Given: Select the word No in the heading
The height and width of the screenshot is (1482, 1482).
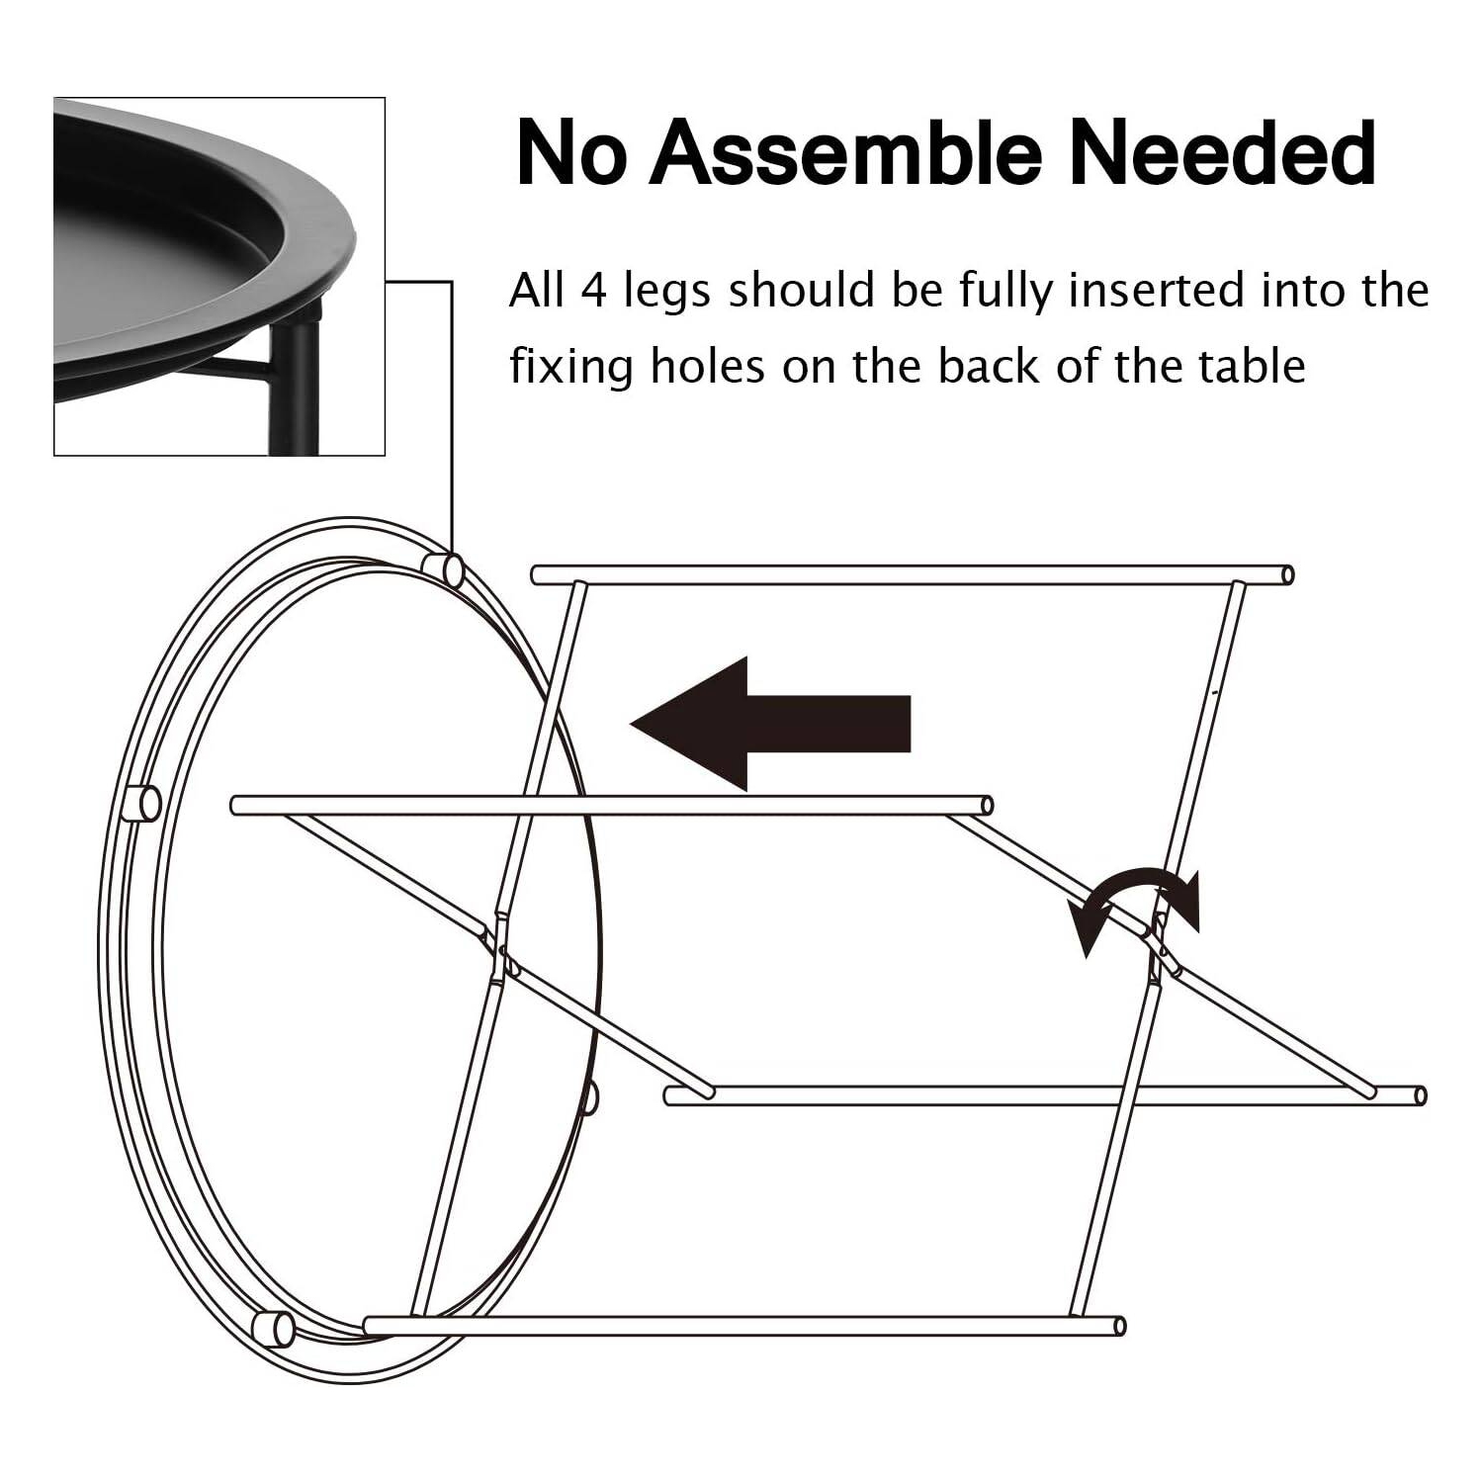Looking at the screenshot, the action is [x=571, y=153].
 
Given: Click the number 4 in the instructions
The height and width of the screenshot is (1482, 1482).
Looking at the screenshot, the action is [x=592, y=292].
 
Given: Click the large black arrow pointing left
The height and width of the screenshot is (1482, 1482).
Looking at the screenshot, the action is [x=770, y=724].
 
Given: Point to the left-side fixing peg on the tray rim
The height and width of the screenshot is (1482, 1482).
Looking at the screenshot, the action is [x=141, y=804].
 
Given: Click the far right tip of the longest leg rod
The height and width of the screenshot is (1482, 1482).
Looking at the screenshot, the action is [x=1421, y=1094].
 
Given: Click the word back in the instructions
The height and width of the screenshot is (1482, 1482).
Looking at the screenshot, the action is [x=988, y=366].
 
